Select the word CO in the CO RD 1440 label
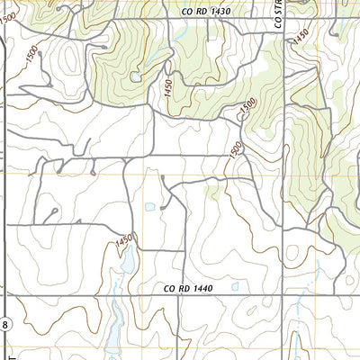tap(171, 289)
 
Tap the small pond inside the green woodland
tap(135, 77)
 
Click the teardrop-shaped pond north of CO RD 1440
tap(128, 260)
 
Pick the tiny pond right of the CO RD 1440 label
tap(235, 287)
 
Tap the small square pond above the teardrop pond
tap(149, 207)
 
